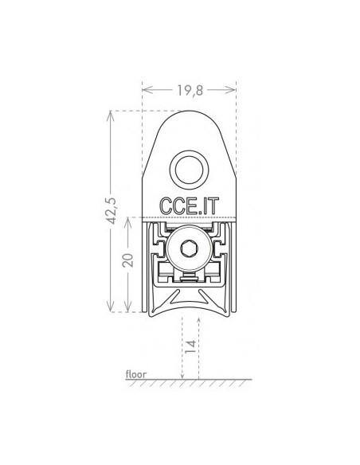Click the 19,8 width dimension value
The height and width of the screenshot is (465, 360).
pos(190,90)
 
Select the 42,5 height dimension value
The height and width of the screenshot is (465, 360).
pos(112,210)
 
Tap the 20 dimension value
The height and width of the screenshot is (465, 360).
pos(128,260)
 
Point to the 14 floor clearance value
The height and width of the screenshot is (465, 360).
pos(190,346)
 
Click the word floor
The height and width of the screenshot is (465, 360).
pos(136,374)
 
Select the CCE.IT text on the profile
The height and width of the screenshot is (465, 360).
pos(190,205)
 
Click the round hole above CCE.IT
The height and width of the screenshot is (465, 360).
pos(190,170)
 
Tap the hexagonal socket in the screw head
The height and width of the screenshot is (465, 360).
pos(189,248)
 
